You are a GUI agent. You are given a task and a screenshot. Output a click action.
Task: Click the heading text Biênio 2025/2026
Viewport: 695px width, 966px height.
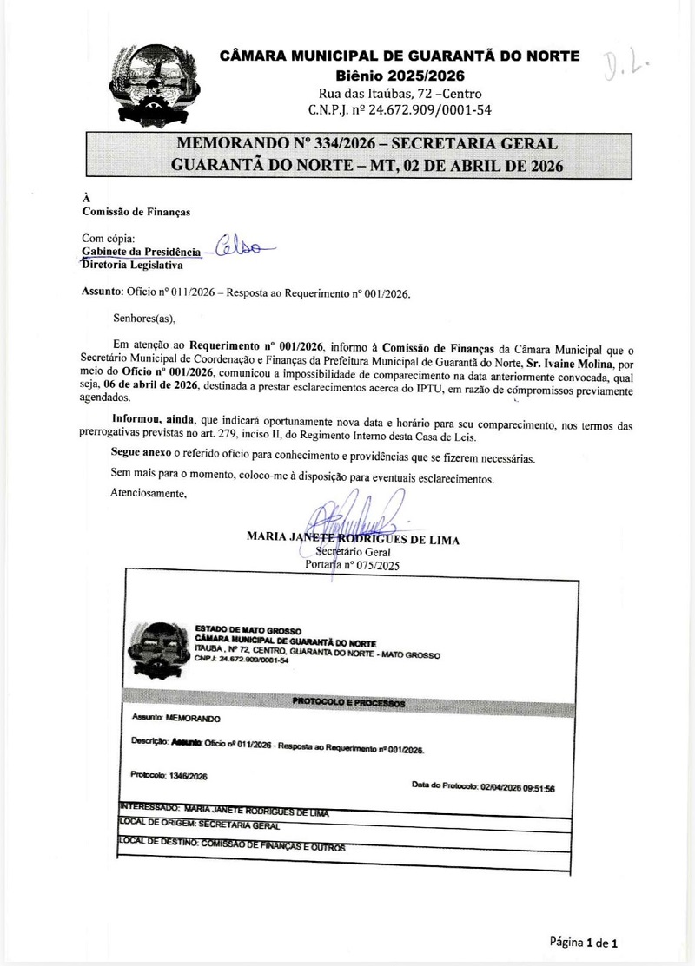[x=400, y=76]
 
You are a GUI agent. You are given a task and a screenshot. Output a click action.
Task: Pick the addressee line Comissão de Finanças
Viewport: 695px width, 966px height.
[x=136, y=211]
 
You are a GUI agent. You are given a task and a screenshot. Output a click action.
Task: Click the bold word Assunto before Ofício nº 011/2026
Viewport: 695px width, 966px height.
[x=102, y=292]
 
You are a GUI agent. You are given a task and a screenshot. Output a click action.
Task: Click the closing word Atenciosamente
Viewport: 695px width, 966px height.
[x=149, y=493]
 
